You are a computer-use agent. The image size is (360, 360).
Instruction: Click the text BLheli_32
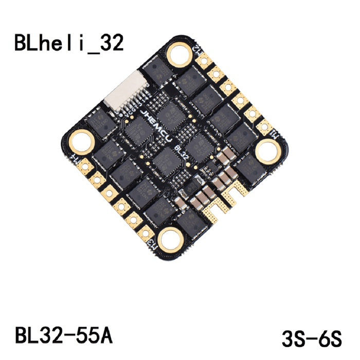click(x=69, y=43)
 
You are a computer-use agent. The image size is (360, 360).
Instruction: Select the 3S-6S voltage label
click(x=311, y=339)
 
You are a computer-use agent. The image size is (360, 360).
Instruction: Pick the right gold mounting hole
click(x=267, y=151)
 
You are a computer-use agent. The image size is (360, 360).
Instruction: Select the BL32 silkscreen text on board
click(x=181, y=153)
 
